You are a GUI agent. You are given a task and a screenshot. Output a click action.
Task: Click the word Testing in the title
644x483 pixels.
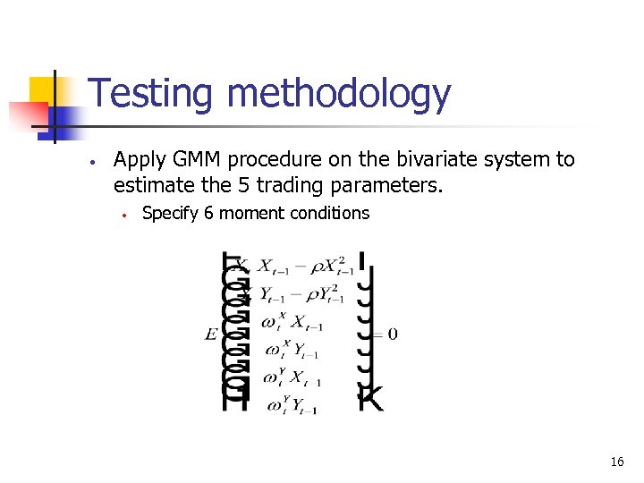[151, 95]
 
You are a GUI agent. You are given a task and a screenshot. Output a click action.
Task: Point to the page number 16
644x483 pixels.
[616, 462]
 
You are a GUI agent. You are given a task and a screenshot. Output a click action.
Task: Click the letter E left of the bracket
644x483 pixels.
[210, 335]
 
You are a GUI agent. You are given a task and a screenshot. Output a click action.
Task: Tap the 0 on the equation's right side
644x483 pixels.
[393, 335]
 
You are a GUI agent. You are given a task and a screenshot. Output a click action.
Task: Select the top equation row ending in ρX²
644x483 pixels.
[304, 266]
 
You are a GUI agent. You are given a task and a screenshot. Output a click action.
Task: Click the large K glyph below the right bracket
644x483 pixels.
[371, 398]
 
